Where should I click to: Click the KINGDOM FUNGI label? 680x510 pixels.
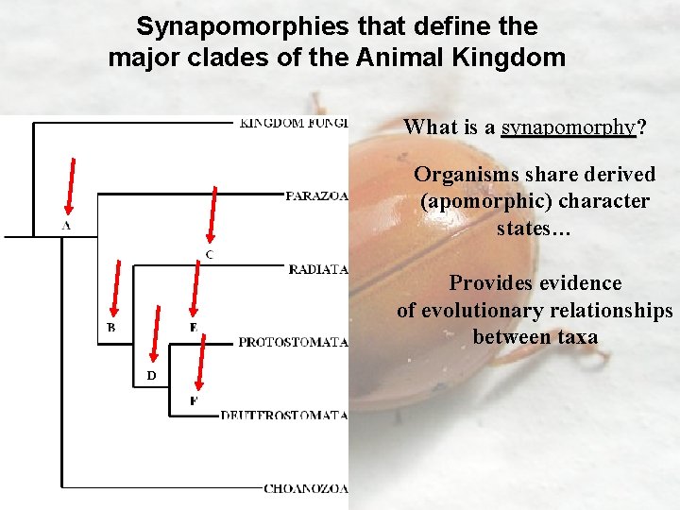coord(294,123)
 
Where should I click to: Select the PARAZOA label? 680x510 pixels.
coord(317,196)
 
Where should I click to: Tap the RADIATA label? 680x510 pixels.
coord(318,269)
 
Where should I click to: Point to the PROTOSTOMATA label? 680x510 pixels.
coord(293,342)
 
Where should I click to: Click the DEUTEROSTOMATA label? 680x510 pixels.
coord(284,416)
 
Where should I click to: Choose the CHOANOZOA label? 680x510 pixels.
coord(306,488)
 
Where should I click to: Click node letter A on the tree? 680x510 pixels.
coord(66,227)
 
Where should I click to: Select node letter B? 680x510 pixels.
coord(110,328)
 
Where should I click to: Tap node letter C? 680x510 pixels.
coord(209,255)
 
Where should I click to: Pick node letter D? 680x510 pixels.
coord(151,376)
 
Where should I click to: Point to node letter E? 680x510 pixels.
coord(193,328)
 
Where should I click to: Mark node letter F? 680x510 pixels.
coord(194,400)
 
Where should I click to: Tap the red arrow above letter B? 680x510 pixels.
coord(114,287)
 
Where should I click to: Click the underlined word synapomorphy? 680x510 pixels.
coord(568,127)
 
